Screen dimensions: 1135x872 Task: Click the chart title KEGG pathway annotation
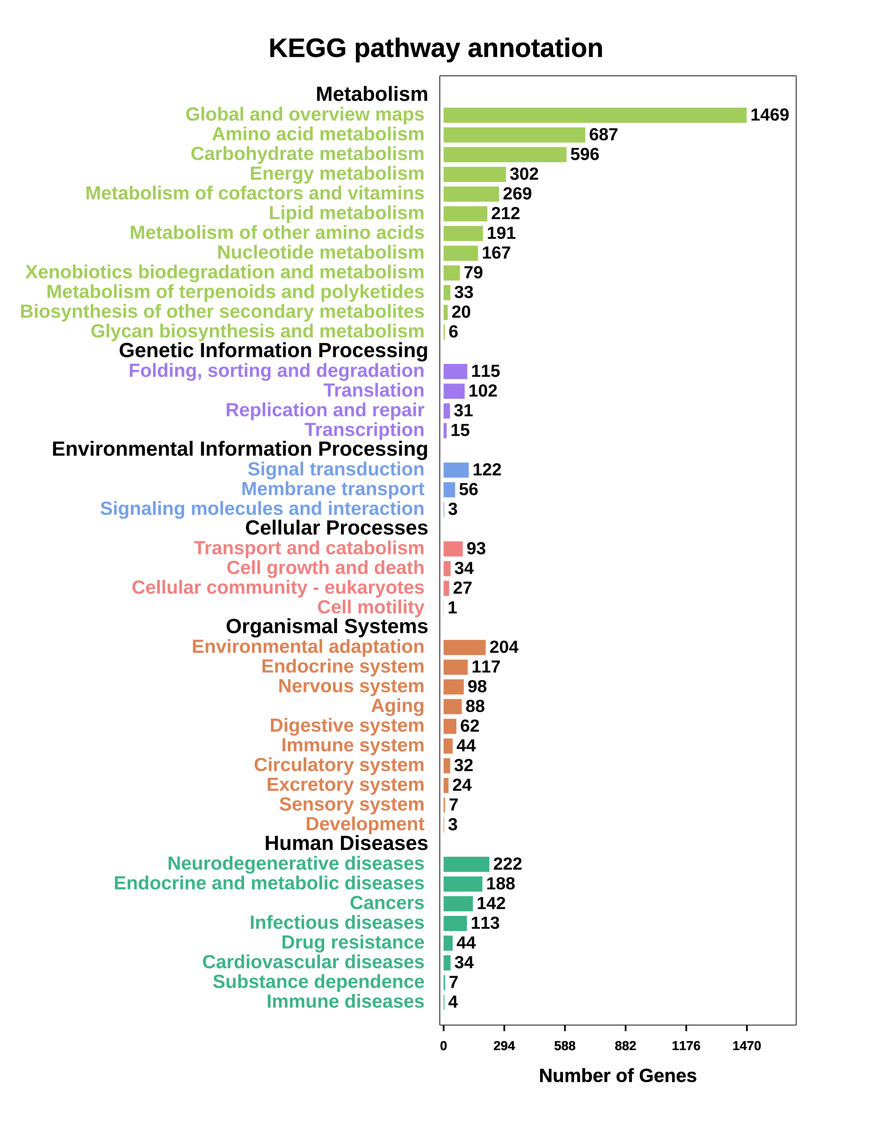(436, 48)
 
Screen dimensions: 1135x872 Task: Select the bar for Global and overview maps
(594, 115)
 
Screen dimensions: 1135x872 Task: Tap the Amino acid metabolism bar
(514, 135)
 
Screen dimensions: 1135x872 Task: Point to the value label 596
(584, 155)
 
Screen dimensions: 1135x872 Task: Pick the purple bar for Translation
(454, 391)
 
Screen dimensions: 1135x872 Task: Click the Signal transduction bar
(456, 470)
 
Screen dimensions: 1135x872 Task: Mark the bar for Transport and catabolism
(452, 549)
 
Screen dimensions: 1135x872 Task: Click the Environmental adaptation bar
(464, 647)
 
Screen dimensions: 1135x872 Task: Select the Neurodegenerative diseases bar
(466, 864)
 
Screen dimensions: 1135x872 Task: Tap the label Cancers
(387, 903)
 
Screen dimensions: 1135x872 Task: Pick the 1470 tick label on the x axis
(746, 1046)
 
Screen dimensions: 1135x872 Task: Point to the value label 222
(507, 864)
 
